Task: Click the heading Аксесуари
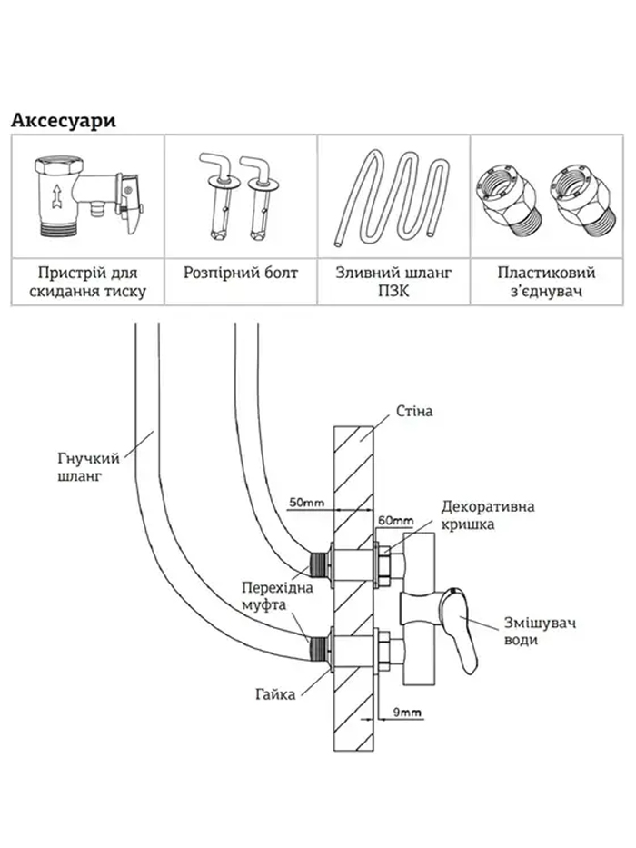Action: (x=63, y=121)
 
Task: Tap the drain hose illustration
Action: (x=393, y=199)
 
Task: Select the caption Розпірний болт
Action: (x=240, y=273)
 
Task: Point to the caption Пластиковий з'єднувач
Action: (x=546, y=282)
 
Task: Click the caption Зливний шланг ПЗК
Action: (x=393, y=282)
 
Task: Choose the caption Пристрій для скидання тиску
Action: (x=87, y=282)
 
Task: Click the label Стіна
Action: (x=414, y=411)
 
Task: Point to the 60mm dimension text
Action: (x=394, y=520)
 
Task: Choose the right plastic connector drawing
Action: (x=573, y=196)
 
